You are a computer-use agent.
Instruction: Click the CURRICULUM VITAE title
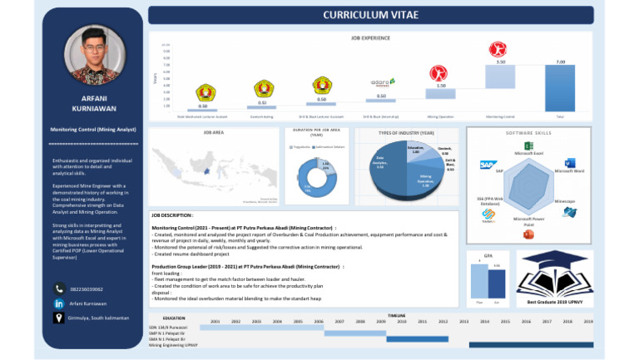coord(370,15)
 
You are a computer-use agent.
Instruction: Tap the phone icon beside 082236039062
coord(59,288)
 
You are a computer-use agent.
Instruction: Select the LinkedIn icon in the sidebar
coord(59,304)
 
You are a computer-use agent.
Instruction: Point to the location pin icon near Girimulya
coord(59,320)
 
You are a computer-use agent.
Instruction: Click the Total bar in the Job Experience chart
coord(560,88)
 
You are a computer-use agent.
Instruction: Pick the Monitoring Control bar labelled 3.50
coord(500,76)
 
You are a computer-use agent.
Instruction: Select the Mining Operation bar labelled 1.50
coord(440,93)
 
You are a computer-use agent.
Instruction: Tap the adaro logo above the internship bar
coord(382,82)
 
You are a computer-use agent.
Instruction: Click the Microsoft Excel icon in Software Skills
coord(528,145)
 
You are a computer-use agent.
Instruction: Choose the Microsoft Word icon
coord(570,163)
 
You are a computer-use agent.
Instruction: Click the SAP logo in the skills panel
coord(488,165)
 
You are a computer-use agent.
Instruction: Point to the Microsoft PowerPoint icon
coord(528,234)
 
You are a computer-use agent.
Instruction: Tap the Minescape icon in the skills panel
coord(569,213)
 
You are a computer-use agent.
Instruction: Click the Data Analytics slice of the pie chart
coord(382,163)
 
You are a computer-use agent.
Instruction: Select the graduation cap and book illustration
coord(554,272)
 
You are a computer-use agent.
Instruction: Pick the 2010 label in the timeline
coord(401,320)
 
